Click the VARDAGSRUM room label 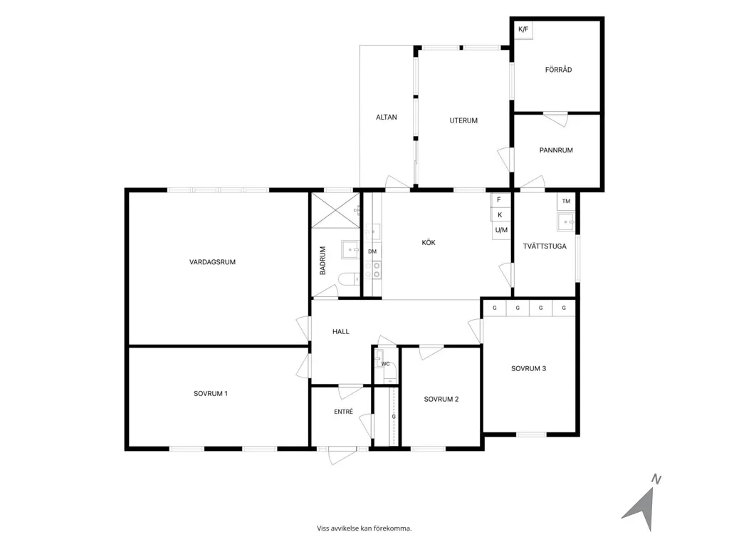212,262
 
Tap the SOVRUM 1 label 211,393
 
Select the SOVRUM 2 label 441,399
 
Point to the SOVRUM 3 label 529,368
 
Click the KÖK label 429,242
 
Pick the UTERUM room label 463,120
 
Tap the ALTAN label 387,118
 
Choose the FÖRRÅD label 558,70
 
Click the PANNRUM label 556,150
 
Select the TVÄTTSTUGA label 545,246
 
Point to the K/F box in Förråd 523,30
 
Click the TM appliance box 566,202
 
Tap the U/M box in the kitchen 501,230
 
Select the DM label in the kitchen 372,251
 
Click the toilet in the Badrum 349,279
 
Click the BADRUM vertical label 322,261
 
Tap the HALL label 341,332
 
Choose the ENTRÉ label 344,412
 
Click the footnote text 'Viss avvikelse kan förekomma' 364,528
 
